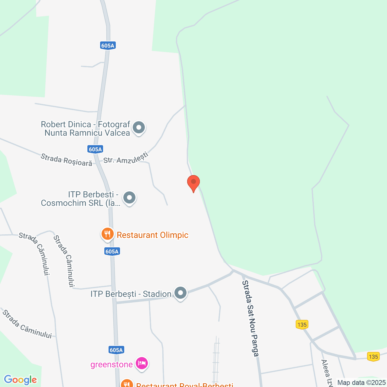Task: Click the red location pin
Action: (x=193, y=182)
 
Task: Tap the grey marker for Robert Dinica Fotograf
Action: (x=139, y=128)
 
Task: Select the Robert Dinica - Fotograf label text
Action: (x=86, y=128)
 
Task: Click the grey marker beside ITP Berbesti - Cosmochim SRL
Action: (x=129, y=198)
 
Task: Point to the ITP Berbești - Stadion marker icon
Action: (x=180, y=293)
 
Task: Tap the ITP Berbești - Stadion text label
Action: (x=131, y=294)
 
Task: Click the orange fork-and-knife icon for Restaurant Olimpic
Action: (x=107, y=234)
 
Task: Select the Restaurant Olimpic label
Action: (x=153, y=235)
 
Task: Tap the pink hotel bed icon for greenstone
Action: (x=142, y=363)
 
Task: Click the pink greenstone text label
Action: (x=112, y=365)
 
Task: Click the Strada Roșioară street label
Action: (x=67, y=160)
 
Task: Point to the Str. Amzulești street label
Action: (x=126, y=158)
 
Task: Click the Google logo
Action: (x=20, y=380)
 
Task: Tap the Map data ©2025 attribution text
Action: (x=362, y=382)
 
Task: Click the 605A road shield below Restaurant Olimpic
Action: (x=112, y=251)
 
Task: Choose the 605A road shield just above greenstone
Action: (x=116, y=350)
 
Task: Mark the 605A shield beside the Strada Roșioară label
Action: (x=95, y=149)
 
